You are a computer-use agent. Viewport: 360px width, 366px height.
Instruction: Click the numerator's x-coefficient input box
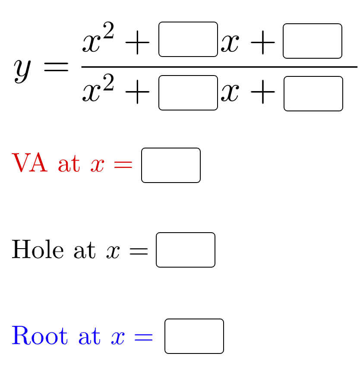tap(188, 39)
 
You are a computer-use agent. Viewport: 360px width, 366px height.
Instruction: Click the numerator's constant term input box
tap(313, 41)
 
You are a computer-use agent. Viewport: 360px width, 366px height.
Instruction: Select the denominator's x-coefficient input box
tap(188, 93)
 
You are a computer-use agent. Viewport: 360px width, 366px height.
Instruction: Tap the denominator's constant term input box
tap(313, 94)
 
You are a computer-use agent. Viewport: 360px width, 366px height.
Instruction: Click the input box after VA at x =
tap(171, 165)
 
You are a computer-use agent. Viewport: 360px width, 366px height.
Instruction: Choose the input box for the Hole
tap(186, 250)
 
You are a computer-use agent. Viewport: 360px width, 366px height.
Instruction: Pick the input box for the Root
tap(194, 336)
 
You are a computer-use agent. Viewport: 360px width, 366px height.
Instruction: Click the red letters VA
tap(29, 164)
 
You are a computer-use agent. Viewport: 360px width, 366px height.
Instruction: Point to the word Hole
tap(38, 249)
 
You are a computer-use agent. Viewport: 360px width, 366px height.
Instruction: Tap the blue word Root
tap(39, 336)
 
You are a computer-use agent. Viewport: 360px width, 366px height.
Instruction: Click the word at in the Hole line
tap(85, 250)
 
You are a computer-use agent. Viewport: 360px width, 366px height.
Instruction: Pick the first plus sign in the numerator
tap(137, 43)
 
